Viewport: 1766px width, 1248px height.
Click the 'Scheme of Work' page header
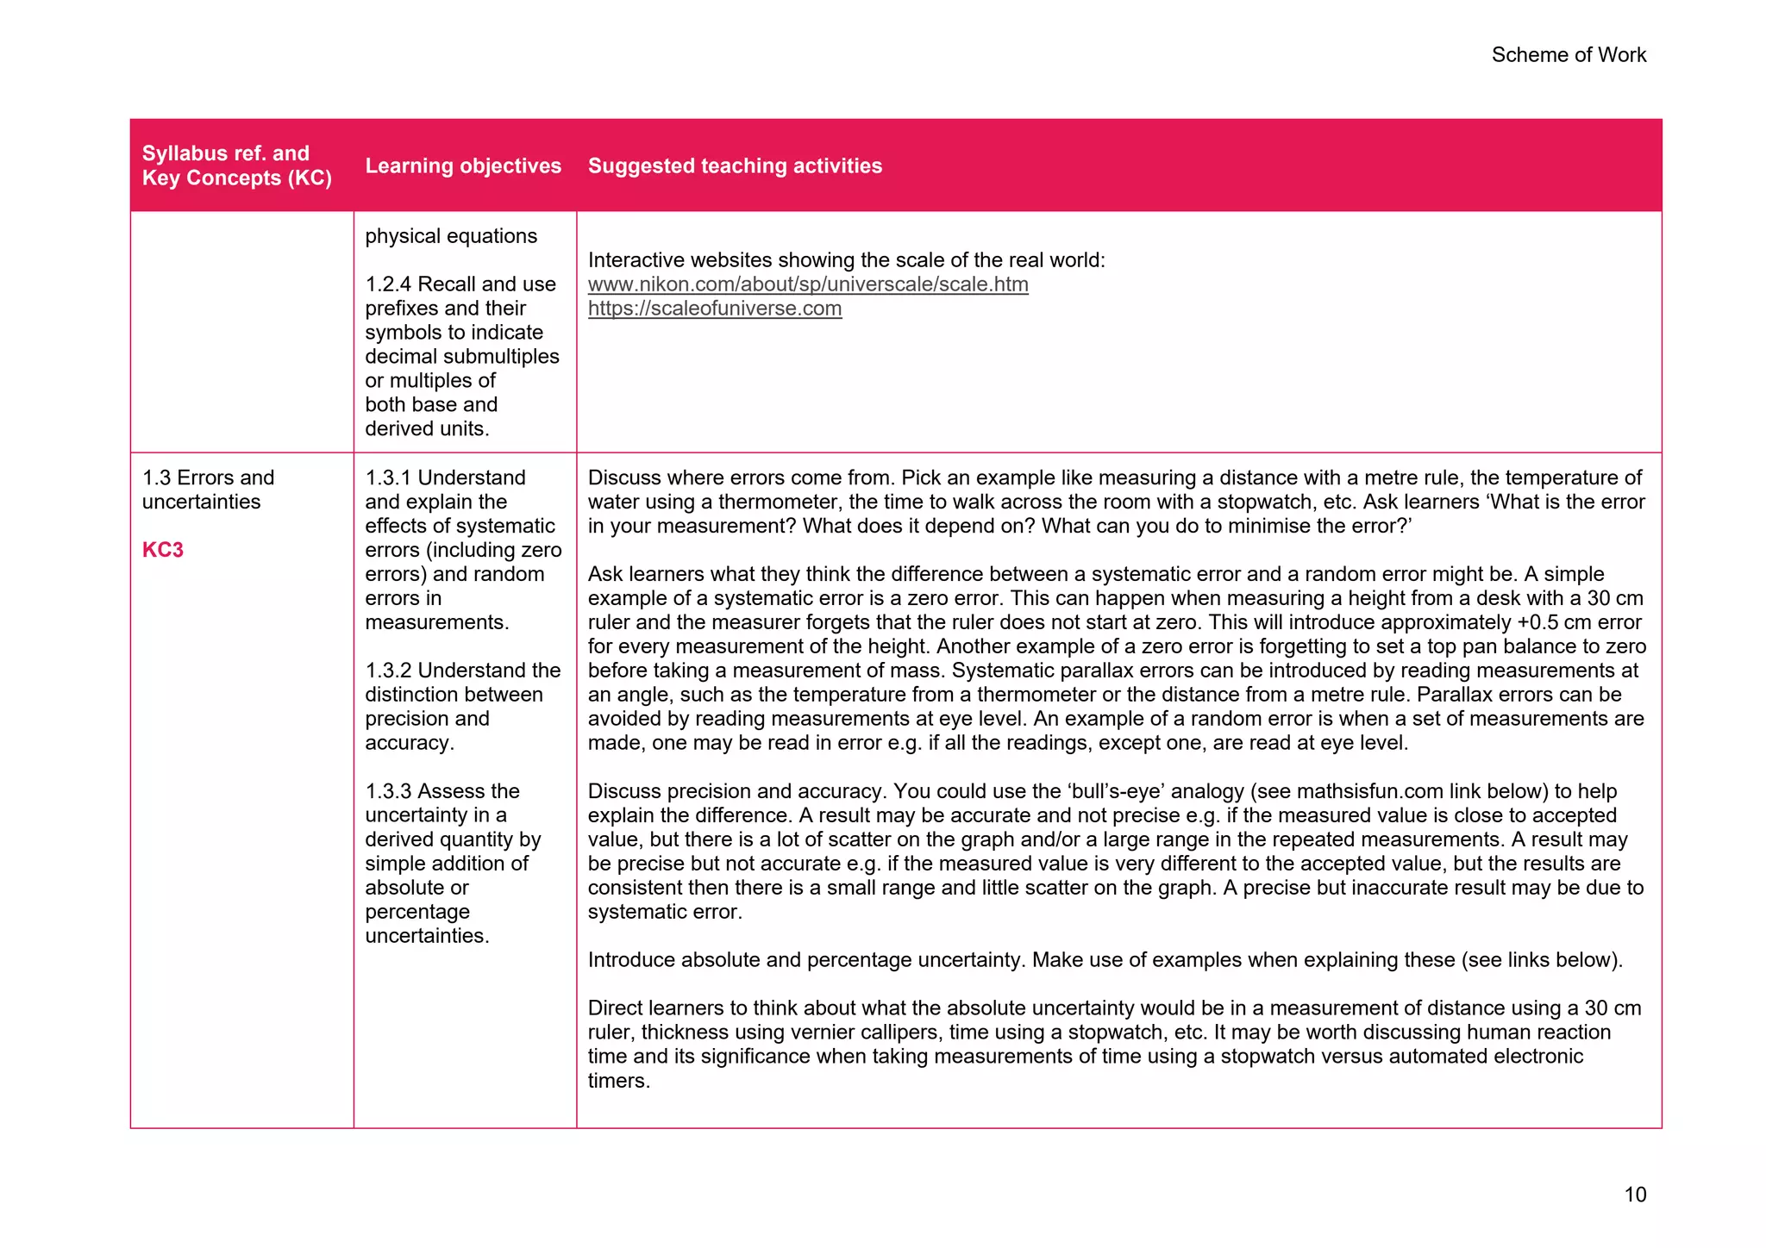[x=1568, y=55]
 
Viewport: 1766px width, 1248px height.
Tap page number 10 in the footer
[x=1634, y=1195]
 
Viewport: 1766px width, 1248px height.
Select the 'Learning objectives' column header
[x=463, y=166]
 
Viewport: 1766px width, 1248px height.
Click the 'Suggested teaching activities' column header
[x=735, y=166]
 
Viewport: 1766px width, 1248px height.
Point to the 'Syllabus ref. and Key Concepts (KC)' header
[x=236, y=165]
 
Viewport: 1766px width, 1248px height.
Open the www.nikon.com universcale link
[x=807, y=284]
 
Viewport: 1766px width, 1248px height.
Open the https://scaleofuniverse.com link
[x=714, y=309]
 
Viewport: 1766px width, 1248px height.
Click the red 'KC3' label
[x=163, y=550]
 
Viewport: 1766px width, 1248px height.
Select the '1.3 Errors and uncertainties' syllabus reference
[x=208, y=490]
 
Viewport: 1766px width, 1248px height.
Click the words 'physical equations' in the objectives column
[x=450, y=236]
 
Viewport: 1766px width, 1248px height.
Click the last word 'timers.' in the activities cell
[x=618, y=1081]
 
